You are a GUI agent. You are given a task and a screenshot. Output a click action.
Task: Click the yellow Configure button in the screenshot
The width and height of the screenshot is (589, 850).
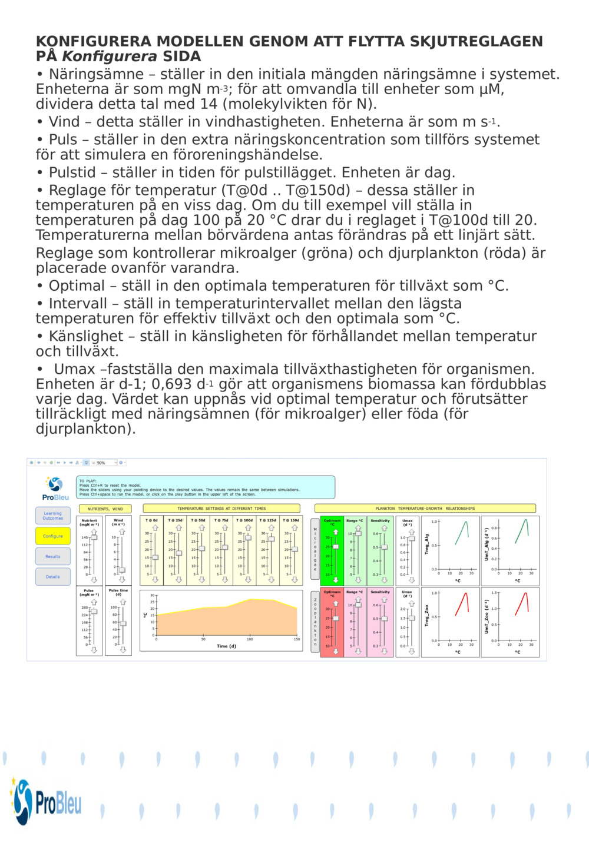pyautogui.click(x=52, y=536)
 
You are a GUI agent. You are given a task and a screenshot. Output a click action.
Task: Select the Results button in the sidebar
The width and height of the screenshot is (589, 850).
pyautogui.click(x=52, y=556)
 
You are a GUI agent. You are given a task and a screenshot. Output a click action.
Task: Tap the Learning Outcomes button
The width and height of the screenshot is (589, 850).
pyautogui.click(x=52, y=516)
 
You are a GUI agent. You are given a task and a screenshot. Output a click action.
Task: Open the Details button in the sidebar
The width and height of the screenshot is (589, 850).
pyautogui.click(x=52, y=577)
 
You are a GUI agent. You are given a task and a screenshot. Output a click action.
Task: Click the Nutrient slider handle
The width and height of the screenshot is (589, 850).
pyautogui.click(x=94, y=537)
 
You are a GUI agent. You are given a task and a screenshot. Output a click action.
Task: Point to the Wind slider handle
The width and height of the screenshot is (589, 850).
pyautogui.click(x=122, y=570)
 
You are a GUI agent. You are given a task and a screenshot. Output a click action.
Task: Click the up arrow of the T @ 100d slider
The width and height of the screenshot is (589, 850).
pyautogui.click(x=248, y=528)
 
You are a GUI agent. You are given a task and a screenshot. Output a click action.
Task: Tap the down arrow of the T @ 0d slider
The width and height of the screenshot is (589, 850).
pyautogui.click(x=155, y=580)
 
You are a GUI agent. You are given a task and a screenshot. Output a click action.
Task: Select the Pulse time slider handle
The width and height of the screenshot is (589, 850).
pyautogui.click(x=123, y=623)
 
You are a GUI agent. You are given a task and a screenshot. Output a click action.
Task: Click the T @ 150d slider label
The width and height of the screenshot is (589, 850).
pyautogui.click(x=291, y=520)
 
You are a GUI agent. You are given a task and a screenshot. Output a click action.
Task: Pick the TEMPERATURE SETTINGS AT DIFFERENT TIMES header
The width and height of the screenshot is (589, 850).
pyautogui.click(x=221, y=509)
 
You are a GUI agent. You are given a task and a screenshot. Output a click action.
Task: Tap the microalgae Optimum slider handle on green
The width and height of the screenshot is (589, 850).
pyautogui.click(x=336, y=547)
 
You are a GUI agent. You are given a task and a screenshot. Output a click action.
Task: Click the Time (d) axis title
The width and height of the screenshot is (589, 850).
pyautogui.click(x=226, y=646)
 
